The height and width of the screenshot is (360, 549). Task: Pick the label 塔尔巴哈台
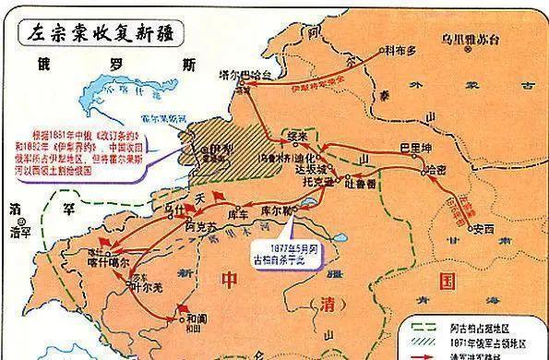coord(241,70)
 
